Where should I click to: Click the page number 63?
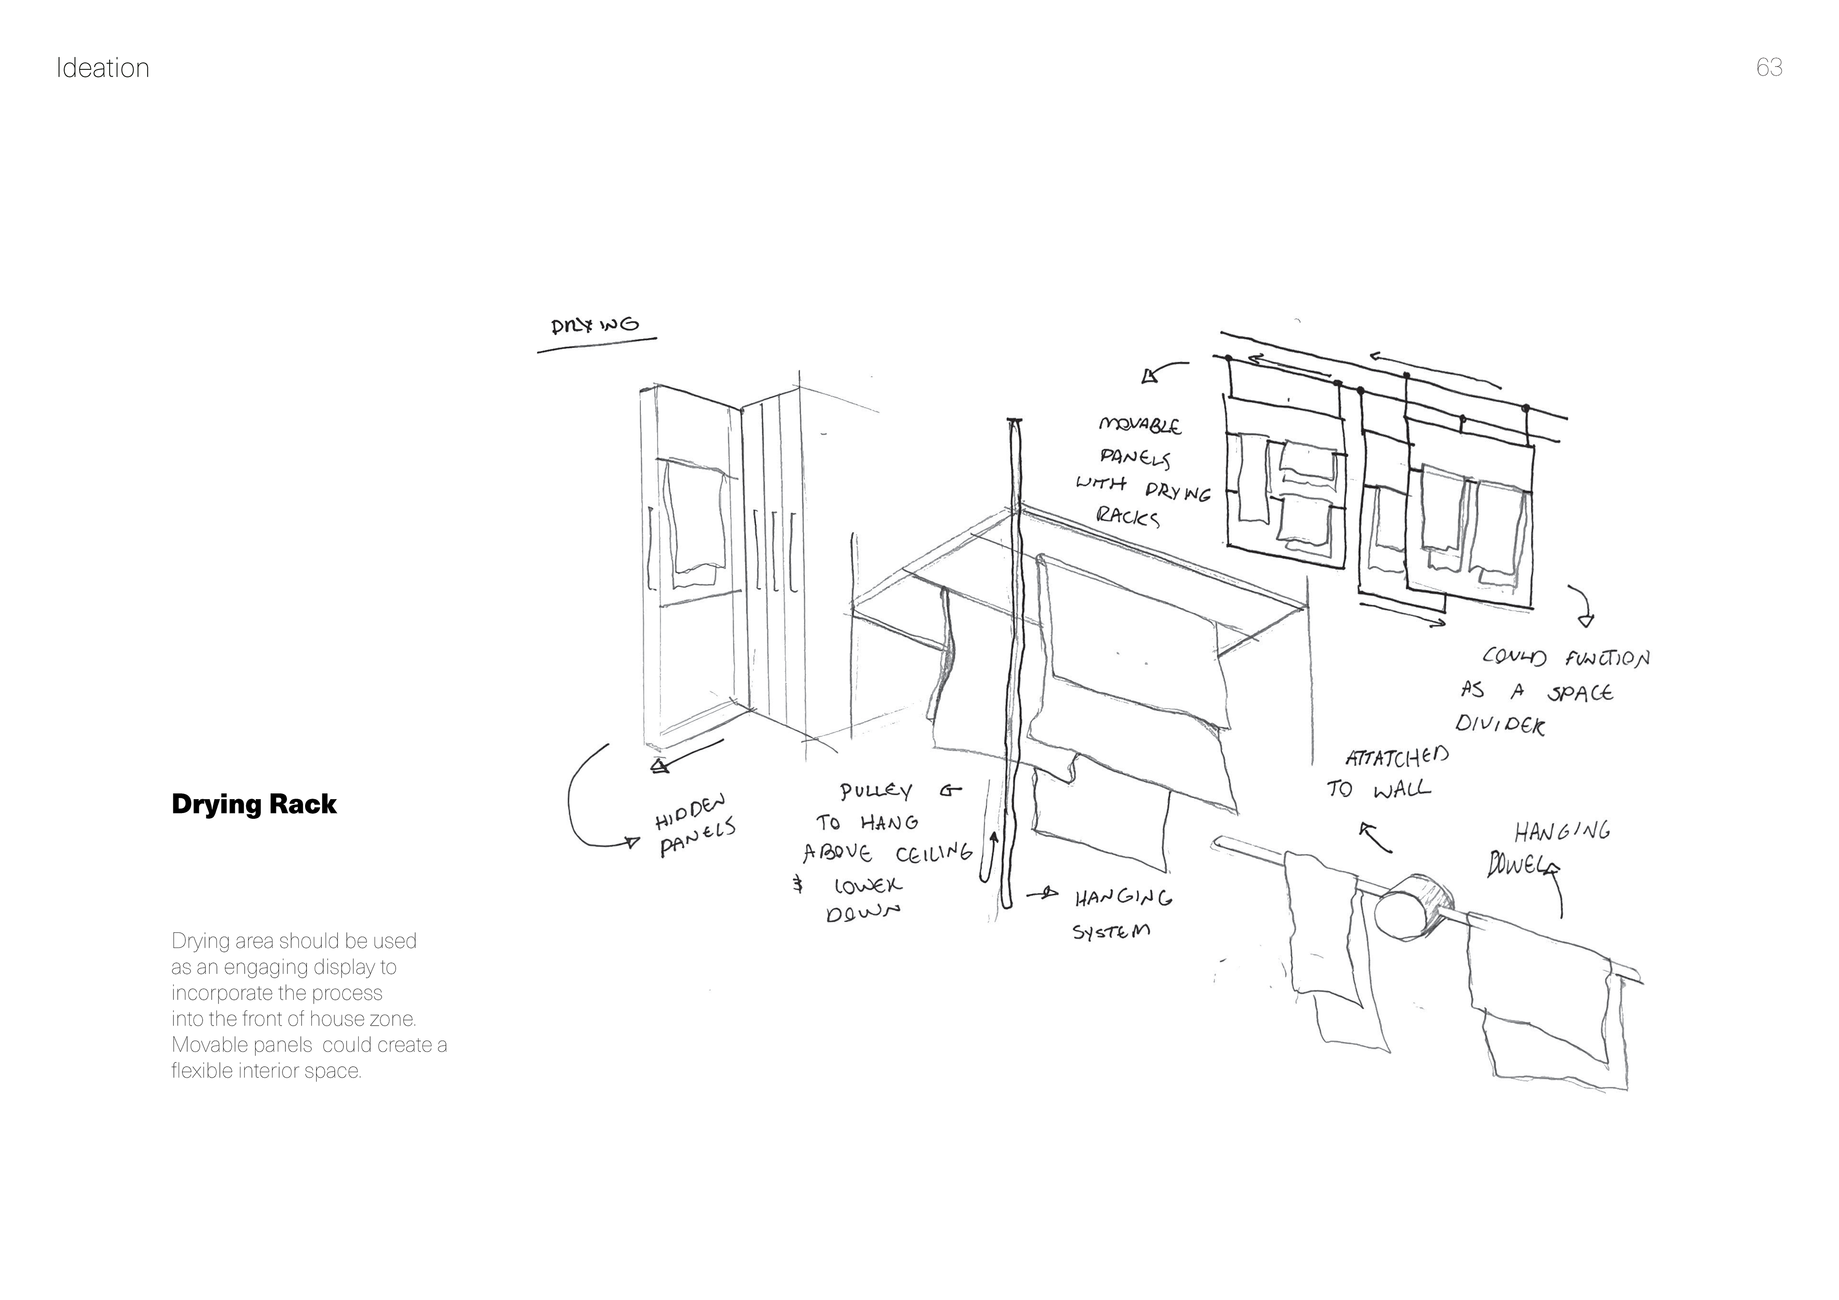coord(1769,68)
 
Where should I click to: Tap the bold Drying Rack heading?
coord(254,804)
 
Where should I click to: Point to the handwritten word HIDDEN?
coord(691,812)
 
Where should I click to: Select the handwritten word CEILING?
coord(934,853)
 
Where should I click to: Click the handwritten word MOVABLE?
coord(1139,425)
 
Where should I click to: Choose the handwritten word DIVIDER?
coord(1499,725)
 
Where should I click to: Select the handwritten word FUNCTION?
coord(1607,658)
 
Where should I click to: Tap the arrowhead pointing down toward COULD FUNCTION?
coord(1585,620)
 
